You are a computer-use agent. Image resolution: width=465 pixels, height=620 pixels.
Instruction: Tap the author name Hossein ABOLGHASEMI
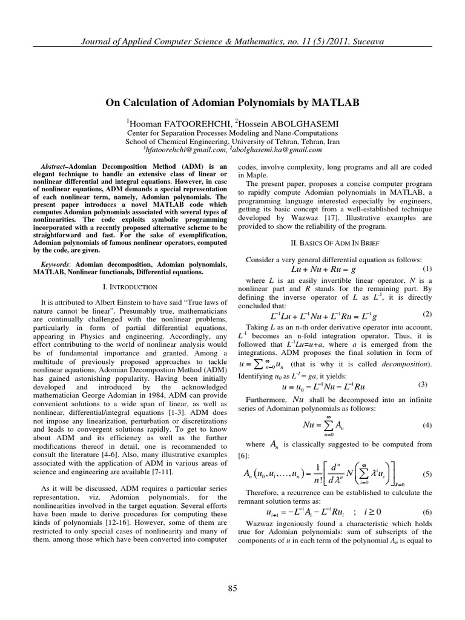click(x=285, y=124)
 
